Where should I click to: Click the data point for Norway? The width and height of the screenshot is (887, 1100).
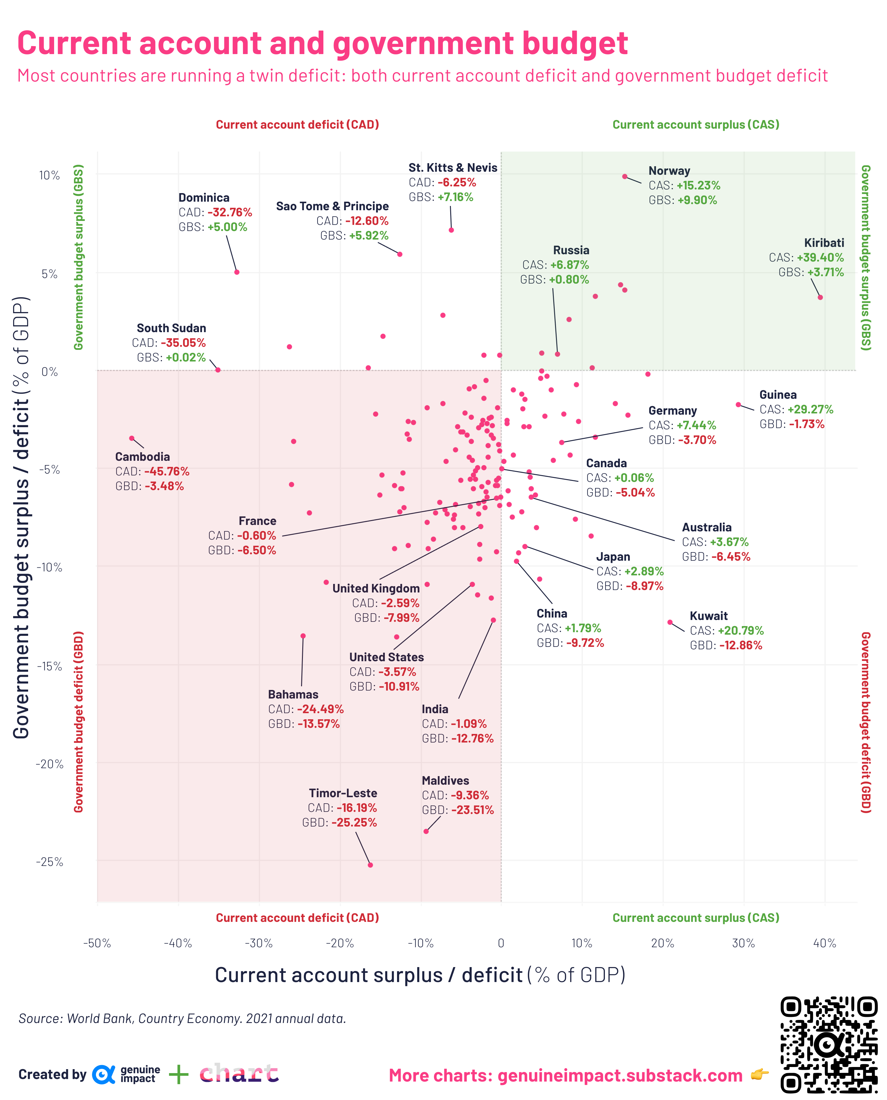point(624,177)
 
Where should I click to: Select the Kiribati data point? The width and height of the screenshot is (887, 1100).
point(820,297)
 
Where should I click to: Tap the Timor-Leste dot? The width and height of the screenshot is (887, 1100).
point(370,865)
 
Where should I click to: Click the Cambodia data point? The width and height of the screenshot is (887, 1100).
point(132,438)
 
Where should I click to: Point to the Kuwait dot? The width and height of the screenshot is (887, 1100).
point(670,622)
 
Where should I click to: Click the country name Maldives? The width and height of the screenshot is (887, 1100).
point(445,780)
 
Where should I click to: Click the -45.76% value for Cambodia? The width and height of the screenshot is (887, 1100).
point(167,471)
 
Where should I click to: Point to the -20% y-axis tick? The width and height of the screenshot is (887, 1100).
point(50,764)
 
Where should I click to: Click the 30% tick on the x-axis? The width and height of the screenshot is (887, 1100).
point(743,943)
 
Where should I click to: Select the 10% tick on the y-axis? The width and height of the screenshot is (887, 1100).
point(50,176)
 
